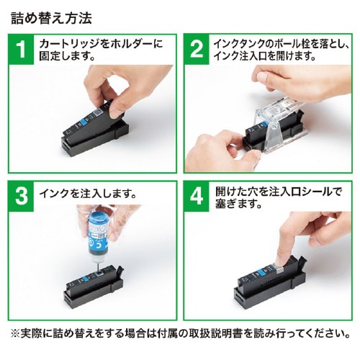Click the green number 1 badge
pos(22,50)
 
